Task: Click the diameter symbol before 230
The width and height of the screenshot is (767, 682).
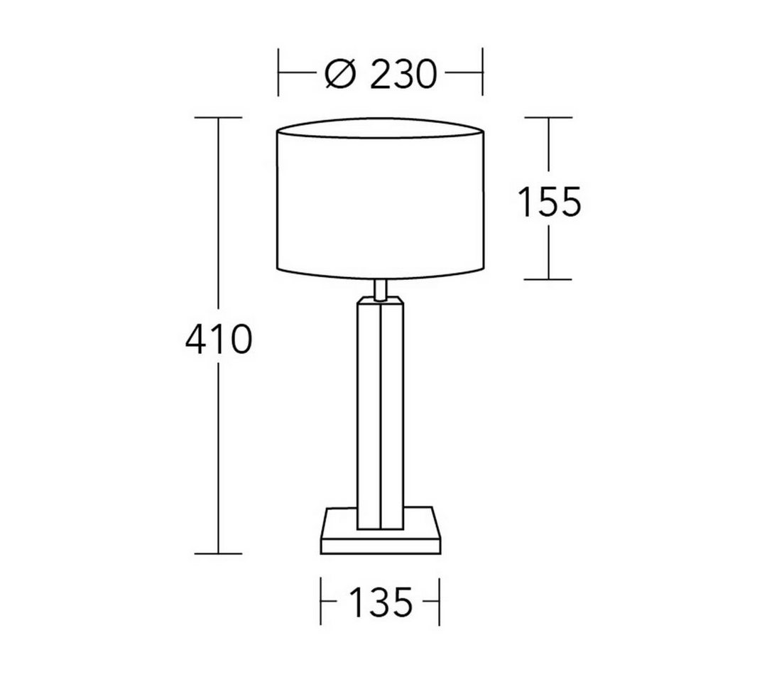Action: [x=339, y=75]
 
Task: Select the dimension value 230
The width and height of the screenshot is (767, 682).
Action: [x=403, y=75]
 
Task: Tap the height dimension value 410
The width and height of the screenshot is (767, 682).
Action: [x=219, y=339]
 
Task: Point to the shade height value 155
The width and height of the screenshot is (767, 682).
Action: [x=549, y=202]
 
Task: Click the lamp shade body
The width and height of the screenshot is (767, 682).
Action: [x=381, y=199]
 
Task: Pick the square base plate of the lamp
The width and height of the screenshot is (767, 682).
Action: [x=381, y=531]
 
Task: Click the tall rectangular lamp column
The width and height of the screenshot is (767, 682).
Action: [x=381, y=413]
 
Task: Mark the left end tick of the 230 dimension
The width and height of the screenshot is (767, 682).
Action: [x=278, y=72]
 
